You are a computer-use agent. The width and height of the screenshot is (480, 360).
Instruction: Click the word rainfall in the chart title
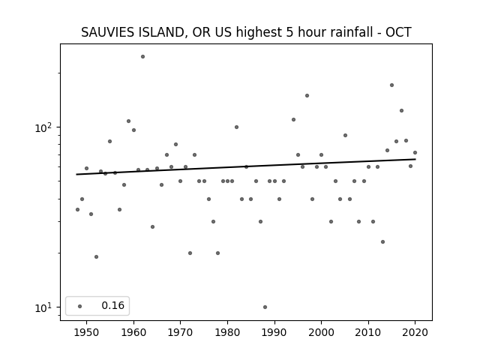click(x=354, y=32)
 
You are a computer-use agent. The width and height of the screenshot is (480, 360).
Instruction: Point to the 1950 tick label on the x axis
click(x=87, y=332)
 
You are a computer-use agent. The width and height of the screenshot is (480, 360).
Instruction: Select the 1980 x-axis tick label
click(x=227, y=332)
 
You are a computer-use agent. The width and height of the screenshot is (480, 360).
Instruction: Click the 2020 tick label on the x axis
click(x=415, y=332)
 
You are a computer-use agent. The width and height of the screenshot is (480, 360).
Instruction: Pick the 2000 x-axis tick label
click(x=321, y=332)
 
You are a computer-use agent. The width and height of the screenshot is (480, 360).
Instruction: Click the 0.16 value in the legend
click(x=113, y=305)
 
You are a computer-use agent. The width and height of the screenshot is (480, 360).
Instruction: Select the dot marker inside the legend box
click(x=80, y=306)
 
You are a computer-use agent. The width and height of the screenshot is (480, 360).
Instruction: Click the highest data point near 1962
click(x=142, y=57)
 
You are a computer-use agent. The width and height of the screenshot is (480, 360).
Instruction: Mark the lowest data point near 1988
click(x=265, y=307)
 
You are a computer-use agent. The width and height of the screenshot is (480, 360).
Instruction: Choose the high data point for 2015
click(x=391, y=85)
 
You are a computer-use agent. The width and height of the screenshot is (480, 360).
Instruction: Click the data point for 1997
click(x=307, y=95)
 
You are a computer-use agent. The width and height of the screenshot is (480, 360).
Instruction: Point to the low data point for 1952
click(x=96, y=256)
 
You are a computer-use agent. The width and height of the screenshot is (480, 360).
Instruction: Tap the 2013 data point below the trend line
click(x=382, y=241)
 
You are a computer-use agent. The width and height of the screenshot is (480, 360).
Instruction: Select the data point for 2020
click(x=415, y=152)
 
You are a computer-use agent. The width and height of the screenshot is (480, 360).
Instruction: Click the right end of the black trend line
click(x=415, y=159)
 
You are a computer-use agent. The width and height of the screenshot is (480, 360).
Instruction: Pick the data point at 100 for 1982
click(x=237, y=127)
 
